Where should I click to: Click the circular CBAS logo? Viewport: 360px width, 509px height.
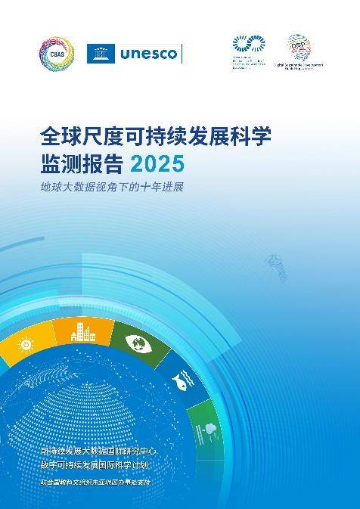click(57, 54)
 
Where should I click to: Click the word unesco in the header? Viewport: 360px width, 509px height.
click(148, 54)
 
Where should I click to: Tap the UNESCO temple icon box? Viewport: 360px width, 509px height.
click(101, 54)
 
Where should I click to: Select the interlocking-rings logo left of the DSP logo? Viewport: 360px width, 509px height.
click(249, 45)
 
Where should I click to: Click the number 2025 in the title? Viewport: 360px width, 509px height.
click(157, 163)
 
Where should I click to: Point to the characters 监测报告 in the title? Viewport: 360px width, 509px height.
click(82, 163)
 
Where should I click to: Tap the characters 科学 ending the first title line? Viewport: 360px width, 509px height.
click(249, 137)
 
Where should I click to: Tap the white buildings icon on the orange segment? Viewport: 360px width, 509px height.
click(83, 333)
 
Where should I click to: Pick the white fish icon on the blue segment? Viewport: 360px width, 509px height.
click(182, 376)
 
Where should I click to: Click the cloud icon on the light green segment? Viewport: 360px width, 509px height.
click(208, 428)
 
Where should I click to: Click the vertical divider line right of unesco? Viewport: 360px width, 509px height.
click(182, 54)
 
